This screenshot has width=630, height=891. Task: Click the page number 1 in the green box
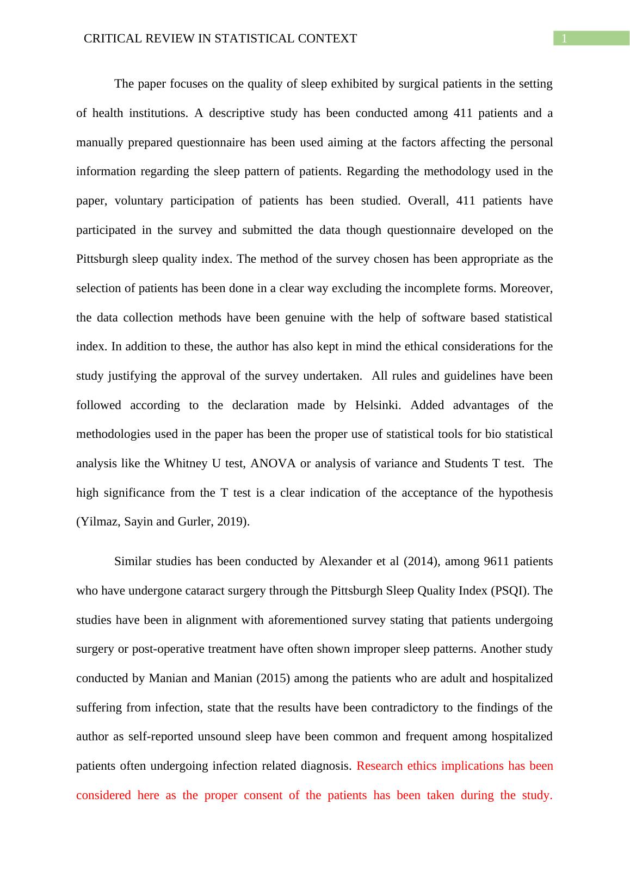pos(565,39)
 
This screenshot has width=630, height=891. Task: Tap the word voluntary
pos(139,201)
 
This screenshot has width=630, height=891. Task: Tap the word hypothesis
pos(527,493)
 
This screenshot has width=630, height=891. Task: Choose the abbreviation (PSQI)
pos(510,591)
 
